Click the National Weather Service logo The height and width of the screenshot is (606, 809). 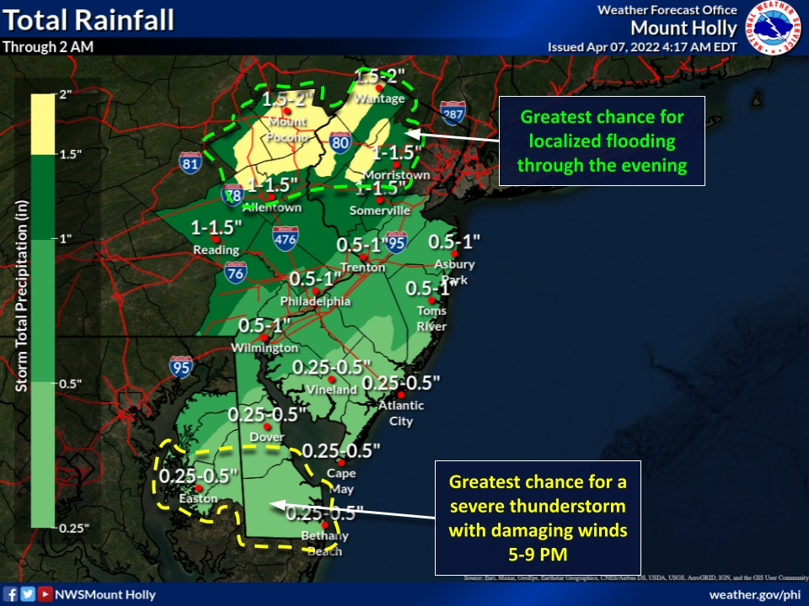(776, 27)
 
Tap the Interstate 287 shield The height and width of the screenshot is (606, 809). (453, 114)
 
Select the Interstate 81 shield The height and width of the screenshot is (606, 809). (190, 164)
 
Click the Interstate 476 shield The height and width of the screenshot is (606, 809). (285, 239)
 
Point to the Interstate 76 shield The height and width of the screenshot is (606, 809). (236, 273)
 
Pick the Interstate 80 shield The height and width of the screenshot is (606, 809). (340, 144)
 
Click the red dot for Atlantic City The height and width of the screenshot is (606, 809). (402, 395)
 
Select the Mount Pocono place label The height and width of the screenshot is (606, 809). (288, 128)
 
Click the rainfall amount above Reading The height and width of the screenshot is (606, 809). (217, 228)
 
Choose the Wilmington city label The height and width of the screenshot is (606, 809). (265, 348)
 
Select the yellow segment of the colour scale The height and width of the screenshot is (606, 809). (43, 125)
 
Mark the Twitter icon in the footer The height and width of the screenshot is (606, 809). (28, 594)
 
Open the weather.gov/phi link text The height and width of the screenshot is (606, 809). (754, 594)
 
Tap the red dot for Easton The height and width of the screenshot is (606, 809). (198, 488)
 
